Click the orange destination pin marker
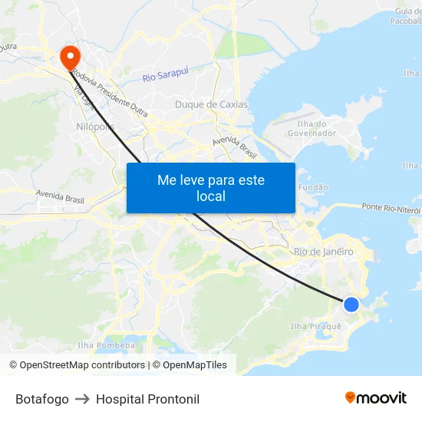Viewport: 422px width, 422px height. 69,55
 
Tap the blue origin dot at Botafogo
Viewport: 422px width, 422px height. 351,305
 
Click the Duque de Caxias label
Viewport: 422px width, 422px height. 212,104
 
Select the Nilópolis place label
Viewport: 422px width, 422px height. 94,127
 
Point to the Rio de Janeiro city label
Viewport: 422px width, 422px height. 323,252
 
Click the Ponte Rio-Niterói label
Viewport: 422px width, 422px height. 392,209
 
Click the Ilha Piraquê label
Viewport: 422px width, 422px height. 316,326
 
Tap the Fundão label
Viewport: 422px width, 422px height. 312,187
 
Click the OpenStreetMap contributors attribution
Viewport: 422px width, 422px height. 77,365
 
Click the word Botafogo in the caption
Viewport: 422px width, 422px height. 42,399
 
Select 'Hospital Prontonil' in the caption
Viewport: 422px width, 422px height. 147,399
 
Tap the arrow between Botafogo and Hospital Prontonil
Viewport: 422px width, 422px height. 82,399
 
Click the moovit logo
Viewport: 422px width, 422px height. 375,397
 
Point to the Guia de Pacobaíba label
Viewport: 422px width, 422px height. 407,15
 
